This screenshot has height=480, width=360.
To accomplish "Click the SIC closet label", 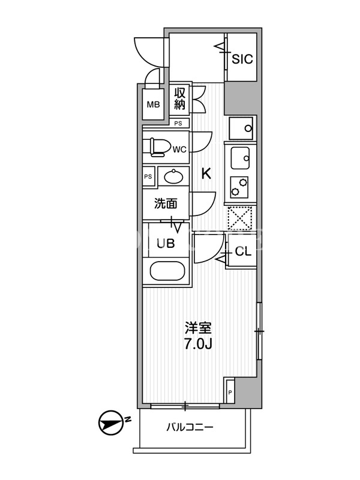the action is click(242, 59).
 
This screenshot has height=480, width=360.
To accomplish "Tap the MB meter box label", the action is click(154, 104).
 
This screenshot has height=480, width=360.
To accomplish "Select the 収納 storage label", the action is click(179, 99).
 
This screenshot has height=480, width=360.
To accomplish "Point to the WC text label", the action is click(179, 149).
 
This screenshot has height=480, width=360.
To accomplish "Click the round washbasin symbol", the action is click(173, 176).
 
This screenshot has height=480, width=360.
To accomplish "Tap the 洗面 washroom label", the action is click(166, 203).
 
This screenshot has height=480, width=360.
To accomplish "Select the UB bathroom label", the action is click(166, 244).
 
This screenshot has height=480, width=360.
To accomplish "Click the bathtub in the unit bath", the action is click(167, 271).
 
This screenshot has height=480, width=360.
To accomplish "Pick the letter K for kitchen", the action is click(206, 174).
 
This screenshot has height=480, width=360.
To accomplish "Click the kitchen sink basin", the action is click(240, 158).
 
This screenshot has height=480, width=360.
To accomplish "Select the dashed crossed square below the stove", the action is click(240, 218).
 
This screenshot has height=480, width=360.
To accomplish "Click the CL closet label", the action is click(243, 251).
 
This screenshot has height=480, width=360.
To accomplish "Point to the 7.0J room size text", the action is click(198, 344).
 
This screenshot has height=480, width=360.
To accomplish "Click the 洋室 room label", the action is click(198, 329).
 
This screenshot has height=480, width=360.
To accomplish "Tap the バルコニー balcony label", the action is click(190, 427).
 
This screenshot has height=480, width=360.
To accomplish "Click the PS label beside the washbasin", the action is click(148, 176).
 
